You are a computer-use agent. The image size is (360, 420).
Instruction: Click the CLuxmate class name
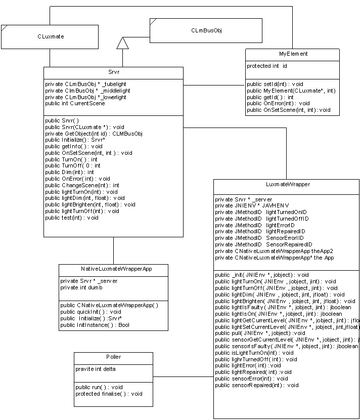click(x=51, y=37)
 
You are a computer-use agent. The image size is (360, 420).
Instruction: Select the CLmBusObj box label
click(x=206, y=30)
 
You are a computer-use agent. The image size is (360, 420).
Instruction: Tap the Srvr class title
click(x=113, y=73)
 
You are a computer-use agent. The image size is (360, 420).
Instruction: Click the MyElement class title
click(x=293, y=54)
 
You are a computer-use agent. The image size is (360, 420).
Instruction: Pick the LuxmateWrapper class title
click(x=287, y=185)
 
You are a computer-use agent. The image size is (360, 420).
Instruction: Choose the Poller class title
click(x=114, y=357)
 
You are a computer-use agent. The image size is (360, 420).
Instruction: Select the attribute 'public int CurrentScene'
click(x=75, y=104)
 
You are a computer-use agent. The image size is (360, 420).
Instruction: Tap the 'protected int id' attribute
click(x=267, y=66)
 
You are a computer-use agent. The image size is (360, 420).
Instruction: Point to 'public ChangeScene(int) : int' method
click(x=82, y=186)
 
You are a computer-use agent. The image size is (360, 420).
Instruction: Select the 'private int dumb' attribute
click(x=81, y=287)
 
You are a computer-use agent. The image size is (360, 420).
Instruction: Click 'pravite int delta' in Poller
click(x=96, y=369)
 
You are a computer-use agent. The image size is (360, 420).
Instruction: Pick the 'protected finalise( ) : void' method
click(x=109, y=394)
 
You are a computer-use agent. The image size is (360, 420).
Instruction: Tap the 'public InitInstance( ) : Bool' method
click(x=95, y=325)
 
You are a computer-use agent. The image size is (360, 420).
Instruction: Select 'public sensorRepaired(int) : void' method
click(x=257, y=385)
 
